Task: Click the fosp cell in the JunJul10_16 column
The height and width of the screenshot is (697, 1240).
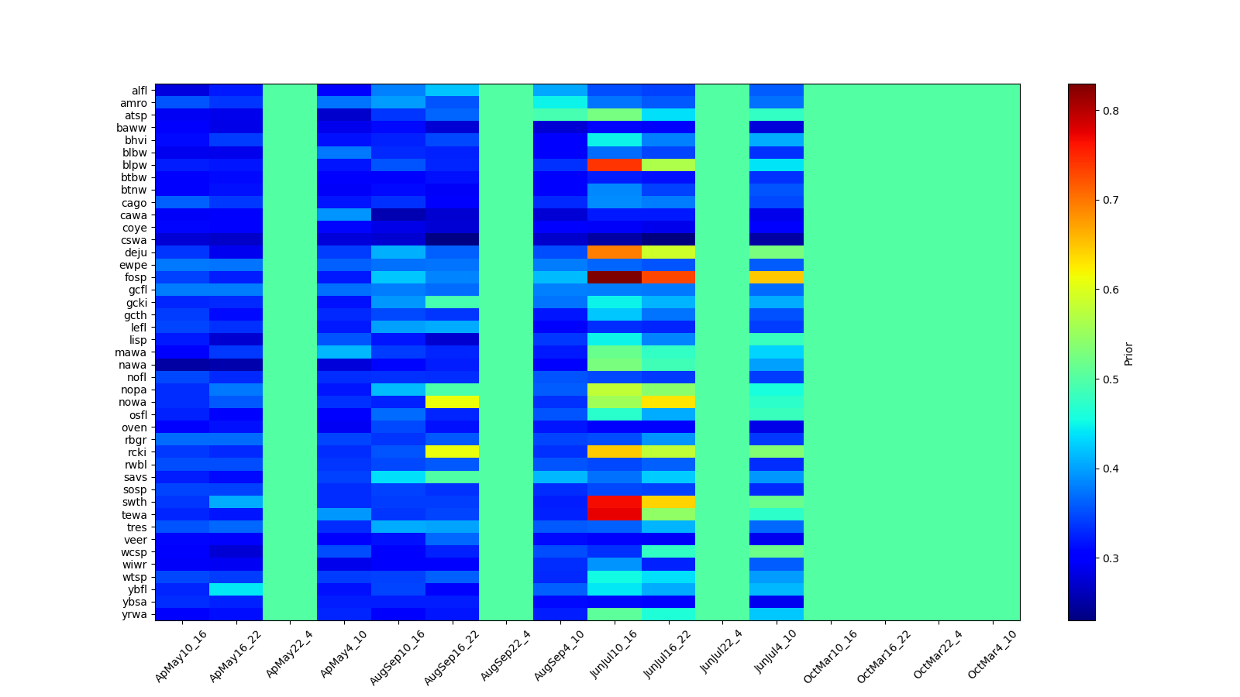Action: [x=615, y=277]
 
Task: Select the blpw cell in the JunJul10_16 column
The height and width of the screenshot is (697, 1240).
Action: [x=615, y=165]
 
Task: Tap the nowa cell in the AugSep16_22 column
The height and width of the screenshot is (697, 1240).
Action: [x=453, y=402]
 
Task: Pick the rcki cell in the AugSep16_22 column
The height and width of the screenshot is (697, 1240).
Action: [x=453, y=452]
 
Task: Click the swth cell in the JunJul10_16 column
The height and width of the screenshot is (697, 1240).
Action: [x=615, y=502]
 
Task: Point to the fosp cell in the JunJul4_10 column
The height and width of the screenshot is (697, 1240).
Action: [x=777, y=277]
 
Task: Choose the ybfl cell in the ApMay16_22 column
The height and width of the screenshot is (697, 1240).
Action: [x=236, y=589]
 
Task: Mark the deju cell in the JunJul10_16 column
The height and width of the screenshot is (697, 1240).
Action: [x=615, y=252]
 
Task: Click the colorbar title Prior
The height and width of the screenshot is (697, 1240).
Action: [x=1128, y=352]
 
